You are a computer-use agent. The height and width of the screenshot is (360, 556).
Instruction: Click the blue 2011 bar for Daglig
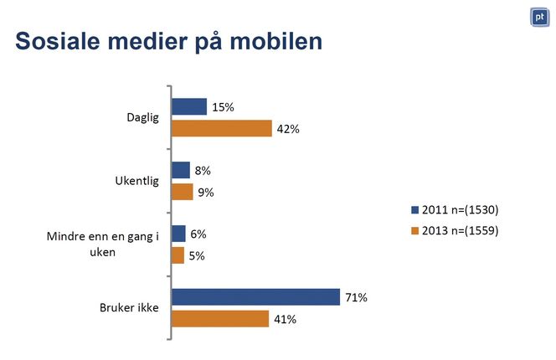189,106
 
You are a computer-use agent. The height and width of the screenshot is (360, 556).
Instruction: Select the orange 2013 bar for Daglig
222,128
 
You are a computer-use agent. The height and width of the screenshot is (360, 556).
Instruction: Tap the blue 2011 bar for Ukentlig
181,170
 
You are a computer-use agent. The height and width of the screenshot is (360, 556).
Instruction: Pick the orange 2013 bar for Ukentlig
182,192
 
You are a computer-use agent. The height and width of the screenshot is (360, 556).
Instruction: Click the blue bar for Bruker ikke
255,297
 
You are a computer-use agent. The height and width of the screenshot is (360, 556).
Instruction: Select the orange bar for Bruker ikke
220,319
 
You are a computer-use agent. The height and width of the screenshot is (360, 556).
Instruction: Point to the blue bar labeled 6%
178,234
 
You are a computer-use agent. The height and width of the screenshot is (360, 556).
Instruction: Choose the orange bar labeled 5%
178,255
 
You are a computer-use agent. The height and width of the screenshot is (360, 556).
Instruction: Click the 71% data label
357,297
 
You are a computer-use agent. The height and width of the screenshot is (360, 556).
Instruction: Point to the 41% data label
286,319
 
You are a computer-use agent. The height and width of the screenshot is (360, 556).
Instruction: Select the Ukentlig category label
136,181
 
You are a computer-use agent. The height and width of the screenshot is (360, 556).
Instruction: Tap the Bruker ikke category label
134,308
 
